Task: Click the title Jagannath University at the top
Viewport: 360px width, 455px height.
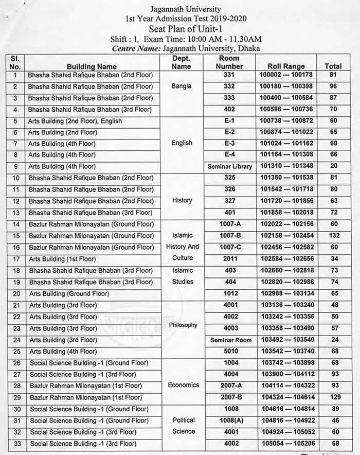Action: (186, 9)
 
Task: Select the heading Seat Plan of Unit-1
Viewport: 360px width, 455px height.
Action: (186, 28)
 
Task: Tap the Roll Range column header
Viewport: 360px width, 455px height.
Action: (286, 66)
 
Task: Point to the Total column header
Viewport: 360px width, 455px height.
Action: (333, 66)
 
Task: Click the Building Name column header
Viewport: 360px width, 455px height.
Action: (92, 66)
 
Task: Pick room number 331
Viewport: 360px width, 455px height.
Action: (229, 75)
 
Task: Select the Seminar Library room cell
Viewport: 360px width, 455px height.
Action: (230, 166)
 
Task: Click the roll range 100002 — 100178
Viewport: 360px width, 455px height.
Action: (286, 75)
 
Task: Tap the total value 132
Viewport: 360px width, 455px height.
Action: (333, 235)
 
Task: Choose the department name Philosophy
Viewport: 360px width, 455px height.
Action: (183, 325)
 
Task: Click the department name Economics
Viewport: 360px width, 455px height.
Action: (183, 385)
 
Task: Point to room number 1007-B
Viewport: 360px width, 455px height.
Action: (229, 235)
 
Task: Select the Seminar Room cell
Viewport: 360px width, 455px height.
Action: (230, 340)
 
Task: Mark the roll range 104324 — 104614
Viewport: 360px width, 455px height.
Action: (286, 397)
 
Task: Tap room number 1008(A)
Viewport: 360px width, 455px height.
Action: (229, 421)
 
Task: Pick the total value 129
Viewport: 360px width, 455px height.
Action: (333, 397)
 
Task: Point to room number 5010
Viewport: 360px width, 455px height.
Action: (229, 352)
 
